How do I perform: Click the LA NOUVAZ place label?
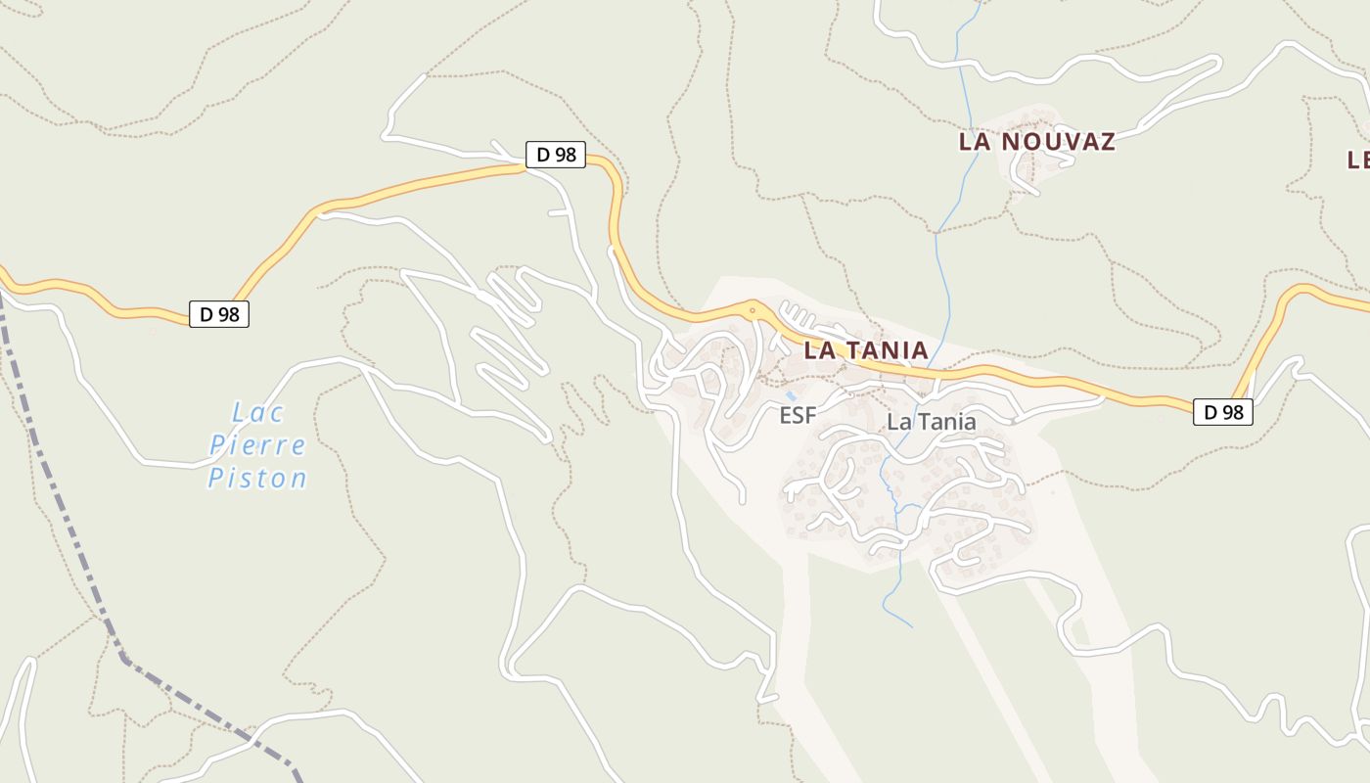pos(1036,142)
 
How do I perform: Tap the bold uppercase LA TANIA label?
pos(865,350)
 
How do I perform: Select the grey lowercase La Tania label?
pos(931,422)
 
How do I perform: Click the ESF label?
pos(798,416)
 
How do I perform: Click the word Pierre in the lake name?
pos(257,445)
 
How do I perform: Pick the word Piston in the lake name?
pos(257,479)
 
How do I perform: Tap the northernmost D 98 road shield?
pos(556,155)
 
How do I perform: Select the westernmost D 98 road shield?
pos(219,314)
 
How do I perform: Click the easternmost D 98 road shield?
pos(1223,412)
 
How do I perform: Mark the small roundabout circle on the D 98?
pos(752,311)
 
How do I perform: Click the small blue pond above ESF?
pos(790,396)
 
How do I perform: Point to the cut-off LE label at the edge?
pos(1358,160)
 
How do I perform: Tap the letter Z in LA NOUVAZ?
pos(1107,142)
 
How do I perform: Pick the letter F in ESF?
pos(809,416)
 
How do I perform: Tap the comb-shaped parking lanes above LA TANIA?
pos(800,318)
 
